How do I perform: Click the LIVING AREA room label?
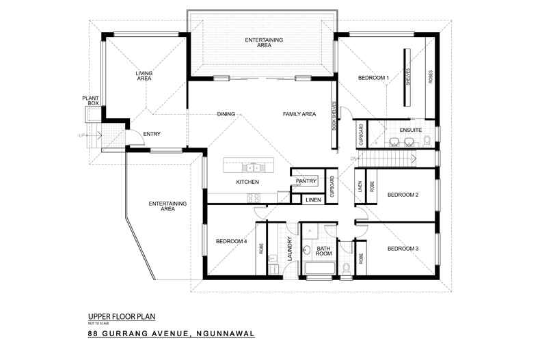(144, 76)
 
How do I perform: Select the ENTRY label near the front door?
(151, 133)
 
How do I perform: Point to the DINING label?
(226, 113)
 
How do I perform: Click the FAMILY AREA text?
(299, 113)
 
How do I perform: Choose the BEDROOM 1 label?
(373, 78)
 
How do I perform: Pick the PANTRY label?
(307, 181)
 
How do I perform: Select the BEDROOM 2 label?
(403, 195)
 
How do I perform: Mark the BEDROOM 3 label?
(403, 248)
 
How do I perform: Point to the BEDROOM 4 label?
(231, 241)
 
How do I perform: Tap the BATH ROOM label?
(323, 251)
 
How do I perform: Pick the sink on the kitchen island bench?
(251, 166)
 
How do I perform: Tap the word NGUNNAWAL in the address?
(224, 334)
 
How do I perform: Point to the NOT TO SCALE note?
(98, 322)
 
